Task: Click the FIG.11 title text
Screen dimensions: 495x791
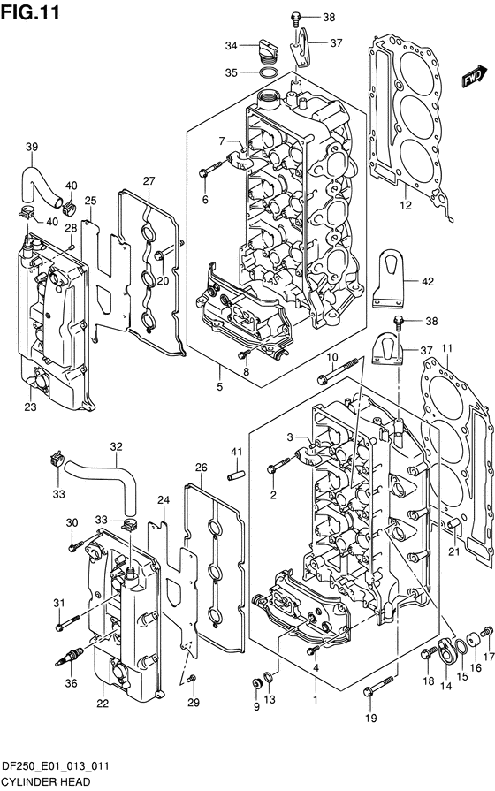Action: click(x=30, y=12)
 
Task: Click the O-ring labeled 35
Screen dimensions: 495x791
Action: click(x=268, y=73)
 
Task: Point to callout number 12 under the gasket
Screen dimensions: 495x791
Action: click(x=406, y=205)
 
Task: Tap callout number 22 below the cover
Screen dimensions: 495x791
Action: click(x=103, y=704)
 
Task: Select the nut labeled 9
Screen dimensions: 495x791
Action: click(x=256, y=684)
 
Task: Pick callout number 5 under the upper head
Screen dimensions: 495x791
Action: click(x=219, y=387)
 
